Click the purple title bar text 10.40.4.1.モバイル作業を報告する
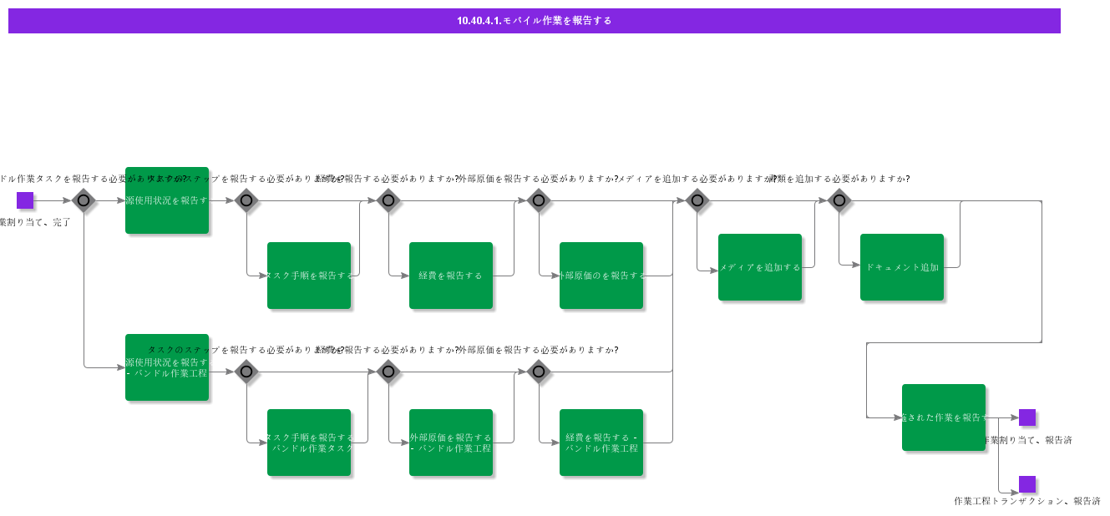click(534, 21)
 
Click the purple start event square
click(25, 200)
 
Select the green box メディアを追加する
click(759, 267)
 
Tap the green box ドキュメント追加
click(901, 267)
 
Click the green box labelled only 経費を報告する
click(450, 276)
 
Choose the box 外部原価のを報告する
click(601, 276)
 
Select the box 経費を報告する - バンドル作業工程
click(601, 443)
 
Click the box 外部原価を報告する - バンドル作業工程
click(450, 443)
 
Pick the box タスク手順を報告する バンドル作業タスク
click(308, 443)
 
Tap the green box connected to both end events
click(943, 417)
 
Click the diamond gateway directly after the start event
click(84, 200)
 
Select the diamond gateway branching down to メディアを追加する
click(697, 200)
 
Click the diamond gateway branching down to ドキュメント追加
click(839, 200)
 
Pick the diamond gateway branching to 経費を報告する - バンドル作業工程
click(539, 372)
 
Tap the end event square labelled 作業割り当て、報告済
click(1027, 417)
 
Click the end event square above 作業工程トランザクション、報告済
click(1027, 484)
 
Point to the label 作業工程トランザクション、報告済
click(1026, 501)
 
